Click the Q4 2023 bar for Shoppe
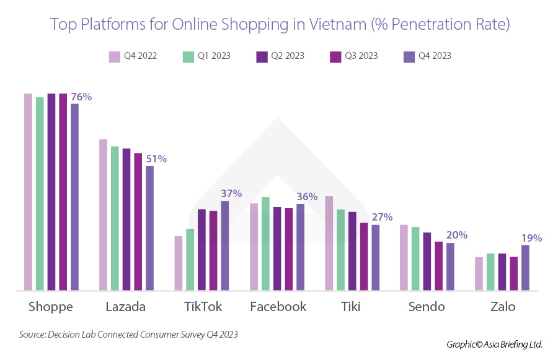(x=74, y=196)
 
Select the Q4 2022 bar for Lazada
(x=104, y=214)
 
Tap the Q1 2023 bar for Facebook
(x=265, y=243)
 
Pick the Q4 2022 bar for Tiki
(x=329, y=242)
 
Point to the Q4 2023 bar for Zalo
(x=525, y=267)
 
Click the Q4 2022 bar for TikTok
(x=179, y=263)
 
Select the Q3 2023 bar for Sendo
(x=439, y=265)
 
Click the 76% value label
(x=81, y=97)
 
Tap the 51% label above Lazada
(x=156, y=159)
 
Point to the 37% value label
(x=231, y=193)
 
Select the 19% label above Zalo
(x=532, y=238)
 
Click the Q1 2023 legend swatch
(x=188, y=56)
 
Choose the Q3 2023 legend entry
(x=353, y=56)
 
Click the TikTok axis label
(x=203, y=307)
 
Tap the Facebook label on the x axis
(x=278, y=307)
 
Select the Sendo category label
(x=427, y=307)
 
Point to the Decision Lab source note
(x=128, y=334)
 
